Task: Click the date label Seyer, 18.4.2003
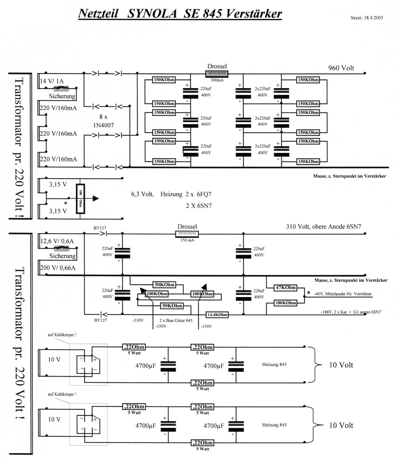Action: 367,18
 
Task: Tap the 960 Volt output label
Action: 341,68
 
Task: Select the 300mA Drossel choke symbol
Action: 217,74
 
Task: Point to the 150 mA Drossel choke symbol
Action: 187,234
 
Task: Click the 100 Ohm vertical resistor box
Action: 80,198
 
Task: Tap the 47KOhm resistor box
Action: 286,288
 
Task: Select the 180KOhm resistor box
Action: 286,303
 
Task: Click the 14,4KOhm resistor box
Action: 217,315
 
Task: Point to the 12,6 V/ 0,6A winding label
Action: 56,242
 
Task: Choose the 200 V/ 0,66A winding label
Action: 57,268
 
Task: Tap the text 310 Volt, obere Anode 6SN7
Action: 323,227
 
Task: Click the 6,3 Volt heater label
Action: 143,194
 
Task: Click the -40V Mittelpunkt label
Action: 342,294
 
